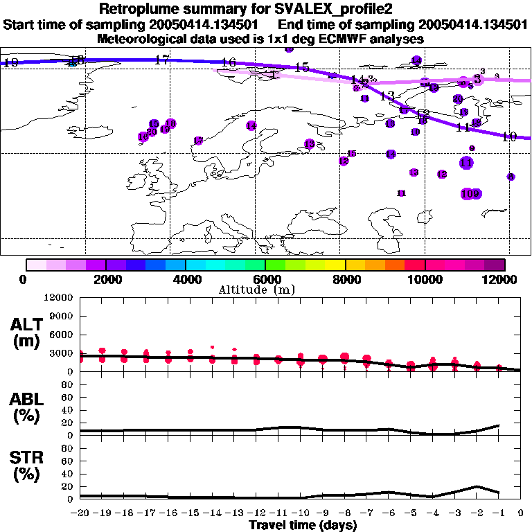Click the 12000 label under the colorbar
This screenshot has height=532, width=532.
point(503,279)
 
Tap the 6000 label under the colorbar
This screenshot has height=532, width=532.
point(265,279)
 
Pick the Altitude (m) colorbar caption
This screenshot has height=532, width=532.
point(256,290)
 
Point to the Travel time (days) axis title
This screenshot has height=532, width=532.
point(303,525)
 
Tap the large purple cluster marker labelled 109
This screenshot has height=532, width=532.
point(471,194)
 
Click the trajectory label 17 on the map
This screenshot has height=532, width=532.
point(162,60)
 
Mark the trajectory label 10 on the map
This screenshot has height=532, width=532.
point(509,136)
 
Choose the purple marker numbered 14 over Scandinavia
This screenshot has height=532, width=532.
point(251,125)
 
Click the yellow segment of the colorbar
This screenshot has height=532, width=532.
point(335,264)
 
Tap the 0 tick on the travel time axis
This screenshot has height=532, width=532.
point(520,513)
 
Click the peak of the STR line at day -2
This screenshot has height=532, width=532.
point(477,486)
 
